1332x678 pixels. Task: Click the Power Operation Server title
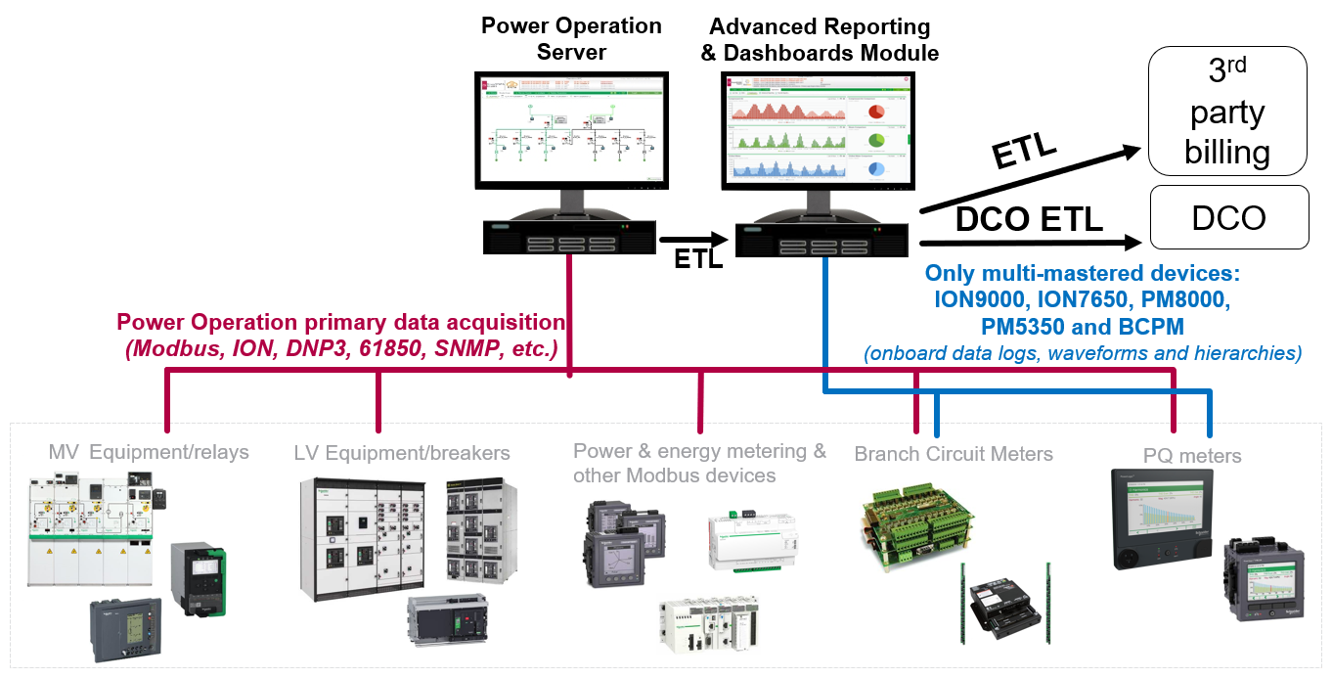point(571,38)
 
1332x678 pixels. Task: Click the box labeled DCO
point(1229,217)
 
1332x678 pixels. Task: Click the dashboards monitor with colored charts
point(820,130)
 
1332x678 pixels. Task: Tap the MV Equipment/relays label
point(149,452)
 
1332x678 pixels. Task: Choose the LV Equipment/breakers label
point(402,453)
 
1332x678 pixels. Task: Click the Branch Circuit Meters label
point(954,454)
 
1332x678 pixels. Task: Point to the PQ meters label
point(1192,456)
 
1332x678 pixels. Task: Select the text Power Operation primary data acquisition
point(340,323)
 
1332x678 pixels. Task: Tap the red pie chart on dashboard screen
point(876,110)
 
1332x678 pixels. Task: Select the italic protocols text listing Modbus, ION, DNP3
point(341,348)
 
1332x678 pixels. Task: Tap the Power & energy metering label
point(699,452)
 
